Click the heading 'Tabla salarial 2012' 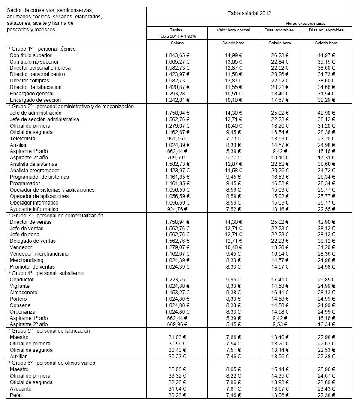(x=249, y=13)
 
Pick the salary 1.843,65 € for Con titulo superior (x=177, y=55)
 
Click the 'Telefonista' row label (x=22, y=139)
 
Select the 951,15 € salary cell (x=177, y=139)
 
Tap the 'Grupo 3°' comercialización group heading (x=56, y=216)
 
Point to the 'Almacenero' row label (x=23, y=293)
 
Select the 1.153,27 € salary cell (x=177, y=293)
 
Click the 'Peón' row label (x=15, y=395)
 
